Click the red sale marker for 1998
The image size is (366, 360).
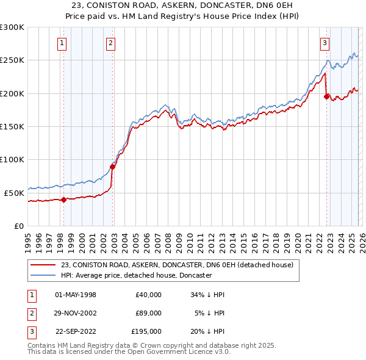63,199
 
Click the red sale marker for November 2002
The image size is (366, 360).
113,167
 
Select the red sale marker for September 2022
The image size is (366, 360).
326,96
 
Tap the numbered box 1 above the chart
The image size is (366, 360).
63,43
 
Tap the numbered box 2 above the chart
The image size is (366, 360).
110,43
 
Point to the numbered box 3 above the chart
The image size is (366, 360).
325,43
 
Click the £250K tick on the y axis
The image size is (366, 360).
12,60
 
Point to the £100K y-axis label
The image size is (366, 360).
12,159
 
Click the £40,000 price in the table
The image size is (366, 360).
148,295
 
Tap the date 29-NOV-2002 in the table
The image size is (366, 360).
76,313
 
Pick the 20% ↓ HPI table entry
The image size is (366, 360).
207,331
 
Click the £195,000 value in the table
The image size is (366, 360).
146,331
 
